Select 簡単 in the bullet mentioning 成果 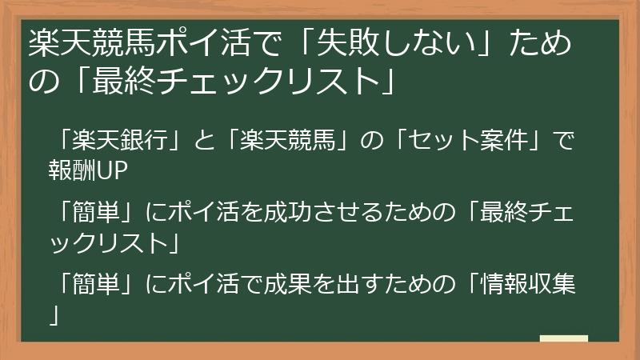coord(96,284)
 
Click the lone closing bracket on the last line coord(54,313)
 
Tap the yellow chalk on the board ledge coord(564,339)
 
